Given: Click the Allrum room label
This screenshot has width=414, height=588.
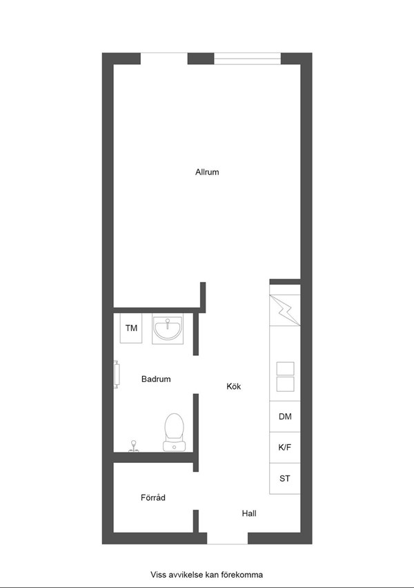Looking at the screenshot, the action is (207, 172).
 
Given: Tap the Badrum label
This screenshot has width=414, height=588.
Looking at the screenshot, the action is (156, 379).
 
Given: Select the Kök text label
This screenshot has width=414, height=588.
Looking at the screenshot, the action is (234, 386).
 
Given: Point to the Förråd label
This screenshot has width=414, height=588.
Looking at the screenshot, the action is (153, 497).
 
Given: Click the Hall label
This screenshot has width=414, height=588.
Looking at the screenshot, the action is (249, 513).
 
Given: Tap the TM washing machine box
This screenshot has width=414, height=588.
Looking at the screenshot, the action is (131, 328).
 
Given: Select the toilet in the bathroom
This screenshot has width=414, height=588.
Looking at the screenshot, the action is (174, 432).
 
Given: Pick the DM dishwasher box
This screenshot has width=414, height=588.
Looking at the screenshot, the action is (285, 416).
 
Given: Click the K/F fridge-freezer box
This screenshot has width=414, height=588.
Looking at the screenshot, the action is (285, 447).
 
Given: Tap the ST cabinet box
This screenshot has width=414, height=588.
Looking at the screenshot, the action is (285, 479).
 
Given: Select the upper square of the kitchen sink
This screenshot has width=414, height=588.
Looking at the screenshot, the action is (285, 369).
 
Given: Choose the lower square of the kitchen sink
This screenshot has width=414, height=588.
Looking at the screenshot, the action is (285, 384).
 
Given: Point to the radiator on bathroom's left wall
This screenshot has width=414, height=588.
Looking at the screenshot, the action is (117, 374).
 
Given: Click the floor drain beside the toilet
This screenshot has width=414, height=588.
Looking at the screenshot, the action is (133, 446).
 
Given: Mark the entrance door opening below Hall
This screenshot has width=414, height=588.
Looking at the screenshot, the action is (227, 538).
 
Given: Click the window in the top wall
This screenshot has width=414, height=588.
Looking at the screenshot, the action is (248, 59).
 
